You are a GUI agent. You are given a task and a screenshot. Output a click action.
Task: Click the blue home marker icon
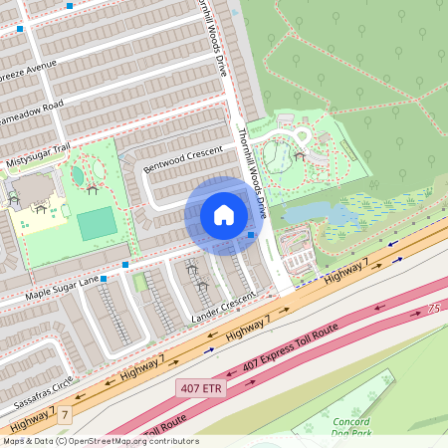coord(223,215)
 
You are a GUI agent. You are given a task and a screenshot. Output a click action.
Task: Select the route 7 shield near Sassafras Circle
coord(65,413)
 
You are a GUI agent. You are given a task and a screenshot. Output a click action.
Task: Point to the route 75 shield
coord(433,310)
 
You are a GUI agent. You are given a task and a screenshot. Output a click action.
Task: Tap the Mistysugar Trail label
coord(40,154)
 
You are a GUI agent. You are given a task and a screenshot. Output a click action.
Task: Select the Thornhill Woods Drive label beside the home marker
coord(253,174)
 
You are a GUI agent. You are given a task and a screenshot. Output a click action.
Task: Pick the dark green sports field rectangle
coord(97,223)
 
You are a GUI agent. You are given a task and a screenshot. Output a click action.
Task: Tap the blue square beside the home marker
coord(252,235)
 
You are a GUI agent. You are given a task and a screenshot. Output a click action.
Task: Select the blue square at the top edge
coord(70,5)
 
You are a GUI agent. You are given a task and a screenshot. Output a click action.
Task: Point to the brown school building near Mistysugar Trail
coord(34,188)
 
